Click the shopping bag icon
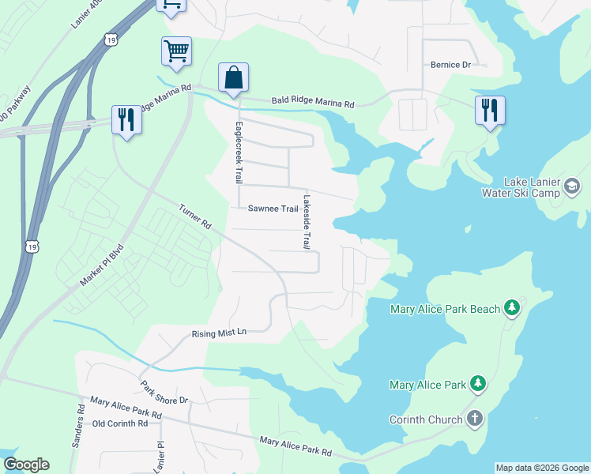click(233, 78)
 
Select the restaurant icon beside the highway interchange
click(126, 119)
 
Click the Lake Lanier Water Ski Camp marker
click(572, 186)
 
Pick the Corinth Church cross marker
click(474, 419)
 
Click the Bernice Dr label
click(450, 65)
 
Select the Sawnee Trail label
click(273, 209)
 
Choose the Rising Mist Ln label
click(220, 333)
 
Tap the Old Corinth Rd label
click(120, 423)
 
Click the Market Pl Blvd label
click(103, 265)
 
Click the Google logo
click(26, 465)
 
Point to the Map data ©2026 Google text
click(542, 468)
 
